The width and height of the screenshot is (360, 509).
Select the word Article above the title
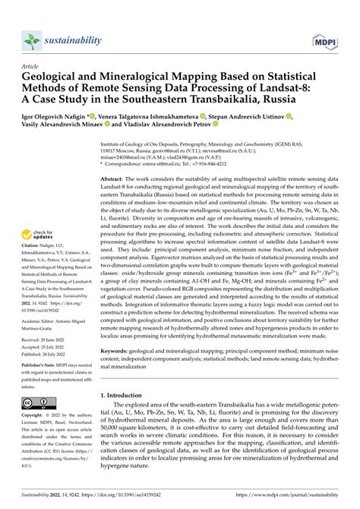click(x=33, y=65)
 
